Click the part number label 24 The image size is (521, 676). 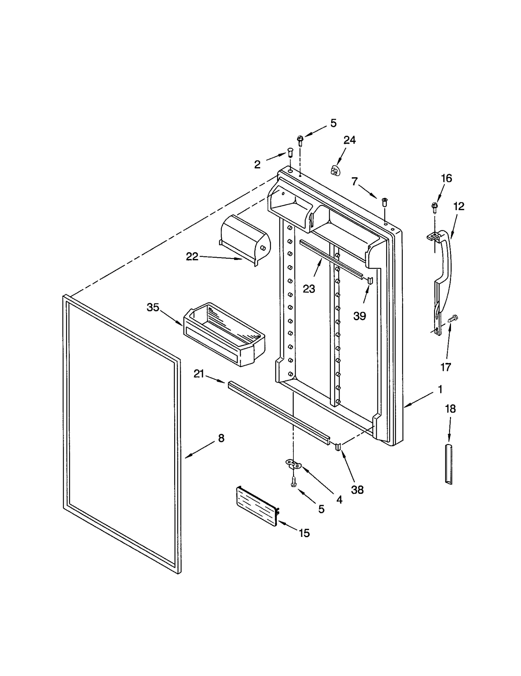pos(349,140)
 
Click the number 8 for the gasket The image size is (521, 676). pos(221,438)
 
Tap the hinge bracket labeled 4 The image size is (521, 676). pos(293,464)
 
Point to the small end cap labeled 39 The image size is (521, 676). pos(370,280)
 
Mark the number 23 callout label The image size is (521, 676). pos(309,289)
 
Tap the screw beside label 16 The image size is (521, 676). pos(434,207)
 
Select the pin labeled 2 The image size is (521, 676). pos(290,152)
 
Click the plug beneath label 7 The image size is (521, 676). pos(385,202)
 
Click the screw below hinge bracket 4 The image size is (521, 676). pos(293,481)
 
